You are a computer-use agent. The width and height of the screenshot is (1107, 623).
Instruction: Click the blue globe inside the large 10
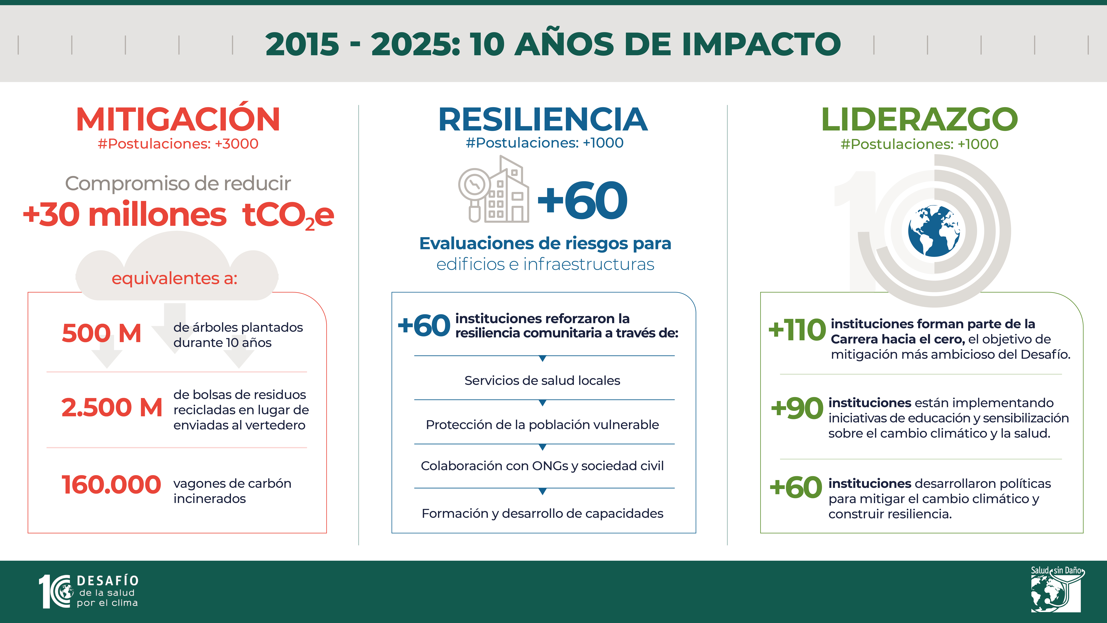934,231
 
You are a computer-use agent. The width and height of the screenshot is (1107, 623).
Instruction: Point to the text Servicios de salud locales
542,380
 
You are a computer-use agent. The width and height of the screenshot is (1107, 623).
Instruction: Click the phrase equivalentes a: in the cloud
174,279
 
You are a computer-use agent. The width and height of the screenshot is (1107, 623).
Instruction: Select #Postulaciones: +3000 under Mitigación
178,144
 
